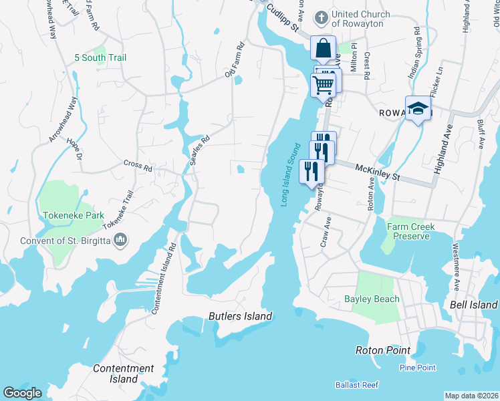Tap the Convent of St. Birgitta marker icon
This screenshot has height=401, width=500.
[x=120, y=239]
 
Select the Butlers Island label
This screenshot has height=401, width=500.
[x=240, y=316]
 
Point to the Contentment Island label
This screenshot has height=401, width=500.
[x=123, y=374]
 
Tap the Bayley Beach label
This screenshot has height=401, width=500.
[x=372, y=299]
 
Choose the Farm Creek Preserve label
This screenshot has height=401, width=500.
[x=410, y=231]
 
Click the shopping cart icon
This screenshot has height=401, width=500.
[x=324, y=84]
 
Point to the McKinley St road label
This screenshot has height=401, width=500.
[x=377, y=173]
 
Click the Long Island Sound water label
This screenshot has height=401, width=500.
[x=292, y=174]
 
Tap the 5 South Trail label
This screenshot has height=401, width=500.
[x=101, y=58]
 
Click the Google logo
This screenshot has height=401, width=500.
[x=22, y=393]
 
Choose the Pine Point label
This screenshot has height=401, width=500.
[x=417, y=368]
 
